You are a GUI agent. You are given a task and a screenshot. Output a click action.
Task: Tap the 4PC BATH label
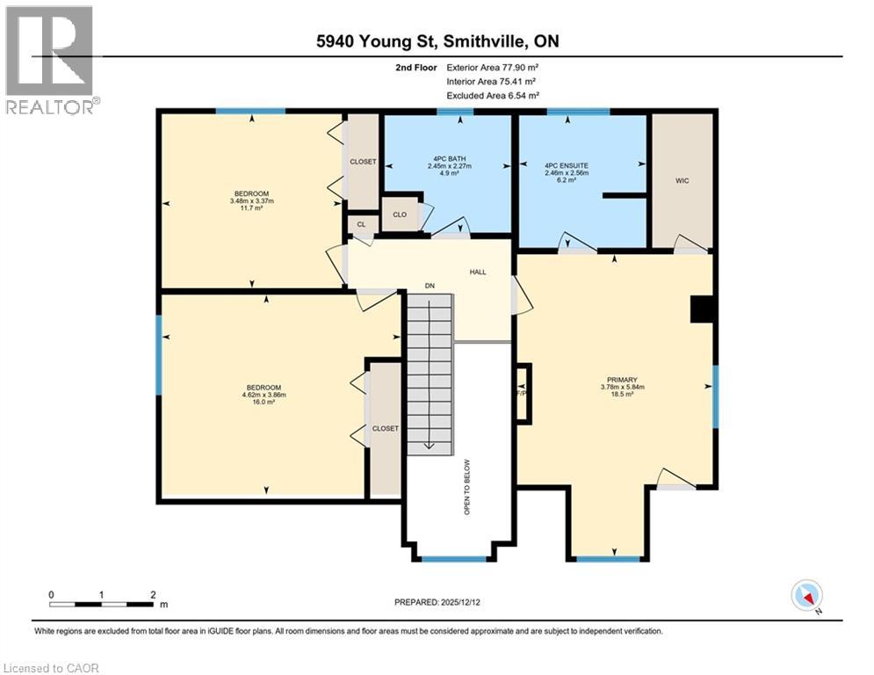click(450, 159)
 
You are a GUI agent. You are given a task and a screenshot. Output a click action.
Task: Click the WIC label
click(681, 180)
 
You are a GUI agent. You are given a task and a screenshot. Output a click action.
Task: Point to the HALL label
click(477, 272)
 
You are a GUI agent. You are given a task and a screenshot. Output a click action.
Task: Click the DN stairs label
click(430, 286)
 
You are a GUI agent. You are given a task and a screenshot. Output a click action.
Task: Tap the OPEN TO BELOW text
click(467, 487)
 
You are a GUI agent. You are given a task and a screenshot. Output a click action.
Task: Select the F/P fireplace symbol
click(524, 393)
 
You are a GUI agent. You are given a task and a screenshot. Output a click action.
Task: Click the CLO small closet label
click(400, 214)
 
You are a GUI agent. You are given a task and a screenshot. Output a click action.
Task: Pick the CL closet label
click(361, 225)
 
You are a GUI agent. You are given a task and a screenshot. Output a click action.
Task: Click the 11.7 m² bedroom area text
click(252, 209)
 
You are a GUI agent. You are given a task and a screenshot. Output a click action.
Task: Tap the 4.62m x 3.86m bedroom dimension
click(264, 395)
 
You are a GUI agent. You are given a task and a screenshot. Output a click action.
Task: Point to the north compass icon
click(805, 597)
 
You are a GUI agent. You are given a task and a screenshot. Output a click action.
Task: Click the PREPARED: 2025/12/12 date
click(437, 602)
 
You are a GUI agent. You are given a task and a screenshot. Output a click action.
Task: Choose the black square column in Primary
click(702, 310)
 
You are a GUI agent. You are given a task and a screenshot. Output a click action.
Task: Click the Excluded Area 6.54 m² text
click(493, 95)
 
